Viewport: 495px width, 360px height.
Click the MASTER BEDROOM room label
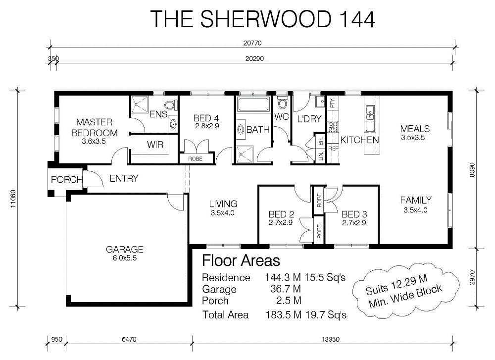coord(95,128)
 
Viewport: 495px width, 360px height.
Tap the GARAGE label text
coord(124,250)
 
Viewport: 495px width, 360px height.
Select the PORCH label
coord(67,180)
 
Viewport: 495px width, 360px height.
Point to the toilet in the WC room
coord(282,102)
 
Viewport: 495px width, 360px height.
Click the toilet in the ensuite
coord(171,104)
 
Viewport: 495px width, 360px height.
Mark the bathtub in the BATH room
coord(253,104)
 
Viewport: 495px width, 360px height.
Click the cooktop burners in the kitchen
coord(333,127)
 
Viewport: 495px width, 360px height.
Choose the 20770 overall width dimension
coord(252,43)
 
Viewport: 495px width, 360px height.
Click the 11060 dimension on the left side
coord(13,199)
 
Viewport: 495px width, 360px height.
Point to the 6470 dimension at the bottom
coord(129,340)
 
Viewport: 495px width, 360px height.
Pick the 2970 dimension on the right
coord(472,277)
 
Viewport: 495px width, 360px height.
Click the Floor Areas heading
coord(241,261)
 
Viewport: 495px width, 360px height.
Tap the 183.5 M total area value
coord(283,315)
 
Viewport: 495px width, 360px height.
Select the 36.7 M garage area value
coord(286,289)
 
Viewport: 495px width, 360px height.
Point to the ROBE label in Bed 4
coord(195,159)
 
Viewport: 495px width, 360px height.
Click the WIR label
coord(155,145)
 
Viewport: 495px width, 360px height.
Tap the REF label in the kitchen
coord(333,149)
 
